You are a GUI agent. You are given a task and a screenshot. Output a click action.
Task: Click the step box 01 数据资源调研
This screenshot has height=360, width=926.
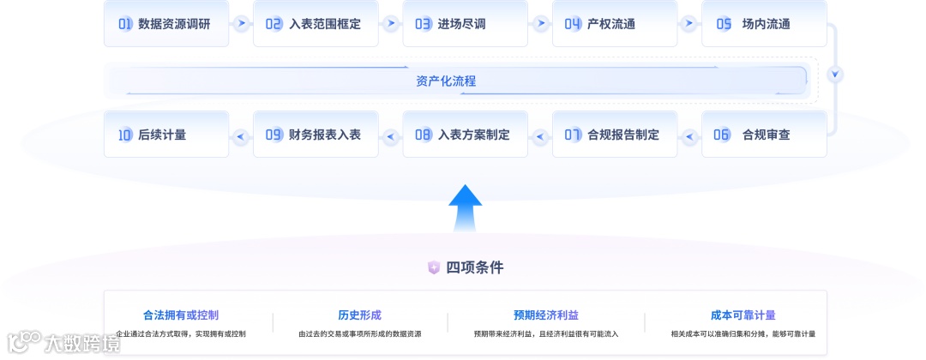166,24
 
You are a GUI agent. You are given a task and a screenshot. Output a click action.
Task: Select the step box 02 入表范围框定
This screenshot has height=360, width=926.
316,24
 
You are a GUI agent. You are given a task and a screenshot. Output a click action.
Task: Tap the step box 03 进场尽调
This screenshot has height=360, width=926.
465,24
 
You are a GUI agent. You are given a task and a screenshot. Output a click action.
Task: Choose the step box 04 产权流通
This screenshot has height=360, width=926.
615,24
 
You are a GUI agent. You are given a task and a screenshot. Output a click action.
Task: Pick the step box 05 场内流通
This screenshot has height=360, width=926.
764,24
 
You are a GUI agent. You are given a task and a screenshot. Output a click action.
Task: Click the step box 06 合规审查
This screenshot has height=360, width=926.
764,135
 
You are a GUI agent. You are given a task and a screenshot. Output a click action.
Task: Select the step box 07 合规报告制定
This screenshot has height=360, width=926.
615,135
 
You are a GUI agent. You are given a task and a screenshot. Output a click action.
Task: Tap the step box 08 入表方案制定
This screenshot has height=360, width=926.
465,135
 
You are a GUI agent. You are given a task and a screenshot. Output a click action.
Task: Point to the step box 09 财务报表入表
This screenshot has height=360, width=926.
316,135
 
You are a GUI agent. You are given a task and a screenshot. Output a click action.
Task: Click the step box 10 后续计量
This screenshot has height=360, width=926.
166,135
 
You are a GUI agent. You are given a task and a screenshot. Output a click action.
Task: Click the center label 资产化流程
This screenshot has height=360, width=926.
446,81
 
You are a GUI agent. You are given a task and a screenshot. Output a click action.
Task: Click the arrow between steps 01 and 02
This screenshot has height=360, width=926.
241,24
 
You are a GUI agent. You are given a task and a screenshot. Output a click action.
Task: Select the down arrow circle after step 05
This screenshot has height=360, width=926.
836,74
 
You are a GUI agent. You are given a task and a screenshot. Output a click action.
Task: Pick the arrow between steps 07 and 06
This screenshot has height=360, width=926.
689,135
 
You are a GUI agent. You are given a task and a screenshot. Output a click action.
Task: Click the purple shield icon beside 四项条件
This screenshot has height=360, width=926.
434,267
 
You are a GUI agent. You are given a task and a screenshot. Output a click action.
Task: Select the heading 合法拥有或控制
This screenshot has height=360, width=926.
181,315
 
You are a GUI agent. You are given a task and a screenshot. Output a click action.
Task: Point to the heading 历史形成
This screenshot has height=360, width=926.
360,315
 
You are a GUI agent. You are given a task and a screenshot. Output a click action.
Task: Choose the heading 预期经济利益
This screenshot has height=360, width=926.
546,315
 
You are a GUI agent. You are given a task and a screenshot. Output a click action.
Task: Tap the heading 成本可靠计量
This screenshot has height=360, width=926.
743,315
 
